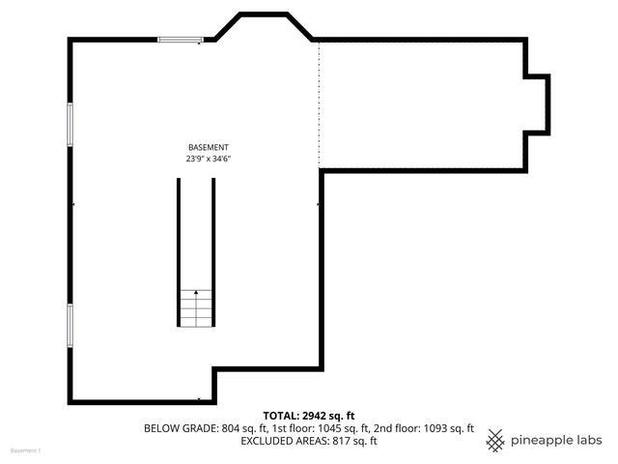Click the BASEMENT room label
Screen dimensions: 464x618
(208, 146)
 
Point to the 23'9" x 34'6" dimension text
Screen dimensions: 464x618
(209, 158)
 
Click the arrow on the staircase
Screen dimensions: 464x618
(196, 291)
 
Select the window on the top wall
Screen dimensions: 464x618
(181, 40)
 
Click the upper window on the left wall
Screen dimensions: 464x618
(70, 124)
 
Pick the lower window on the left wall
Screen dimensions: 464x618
(70, 325)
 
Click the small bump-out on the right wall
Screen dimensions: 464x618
(539, 103)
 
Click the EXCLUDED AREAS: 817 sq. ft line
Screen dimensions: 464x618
(308, 441)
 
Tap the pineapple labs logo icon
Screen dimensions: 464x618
(495, 441)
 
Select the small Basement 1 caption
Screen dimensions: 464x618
(26, 451)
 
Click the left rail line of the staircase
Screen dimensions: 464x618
(178, 251)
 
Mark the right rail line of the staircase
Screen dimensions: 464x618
(213, 251)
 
